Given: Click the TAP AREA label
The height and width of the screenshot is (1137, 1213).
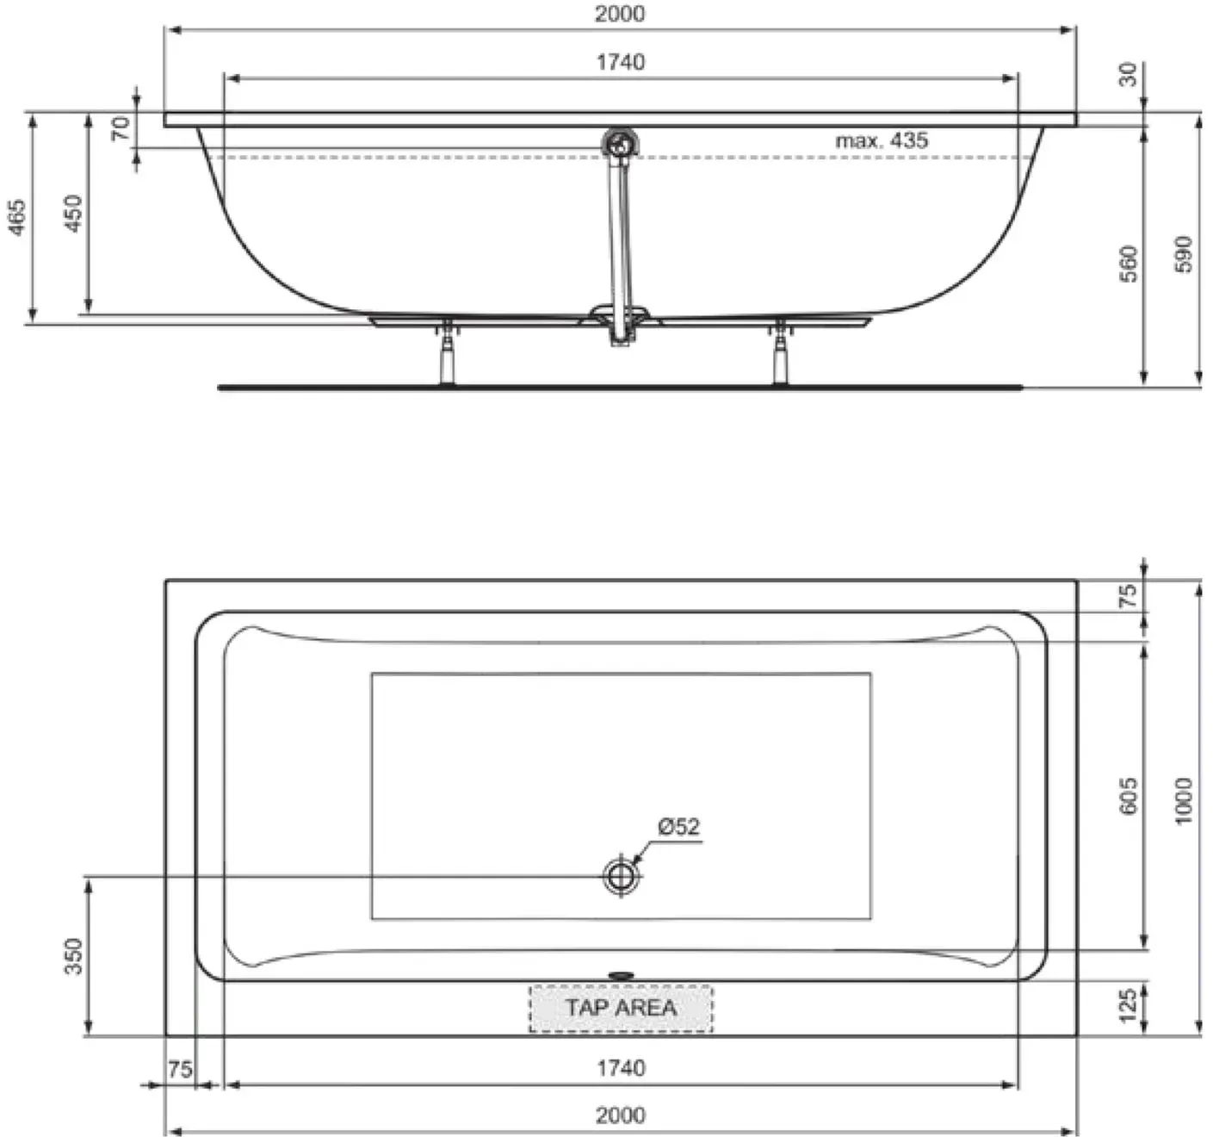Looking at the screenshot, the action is coord(621,1007).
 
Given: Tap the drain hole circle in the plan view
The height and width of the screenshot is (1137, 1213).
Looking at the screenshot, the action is coord(621,876).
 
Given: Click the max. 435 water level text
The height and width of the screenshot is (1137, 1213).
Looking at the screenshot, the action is coord(882,140).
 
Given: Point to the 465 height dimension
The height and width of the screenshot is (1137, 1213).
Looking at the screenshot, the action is coord(18,216).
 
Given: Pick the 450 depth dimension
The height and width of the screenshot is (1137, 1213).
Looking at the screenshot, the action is coord(72,213).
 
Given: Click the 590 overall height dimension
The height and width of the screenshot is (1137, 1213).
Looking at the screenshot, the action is coord(1183,254).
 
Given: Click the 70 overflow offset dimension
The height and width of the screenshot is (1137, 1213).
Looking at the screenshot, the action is coord(121,128).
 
